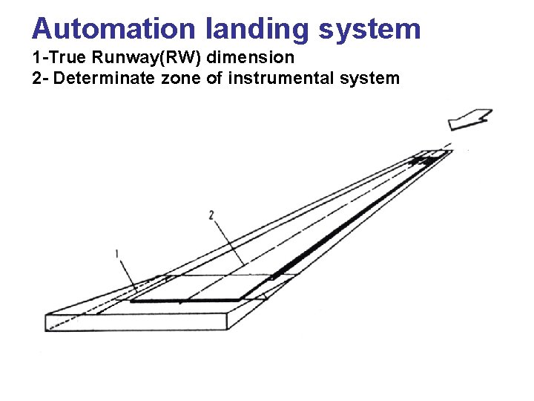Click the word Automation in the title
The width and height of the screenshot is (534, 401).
(x=113, y=28)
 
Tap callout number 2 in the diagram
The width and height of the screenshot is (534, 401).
(x=211, y=215)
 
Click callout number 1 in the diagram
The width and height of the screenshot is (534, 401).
(x=117, y=254)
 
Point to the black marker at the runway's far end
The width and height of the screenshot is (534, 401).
(x=422, y=160)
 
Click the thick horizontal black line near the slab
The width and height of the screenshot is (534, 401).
(x=185, y=301)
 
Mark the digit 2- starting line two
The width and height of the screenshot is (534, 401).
(x=40, y=77)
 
